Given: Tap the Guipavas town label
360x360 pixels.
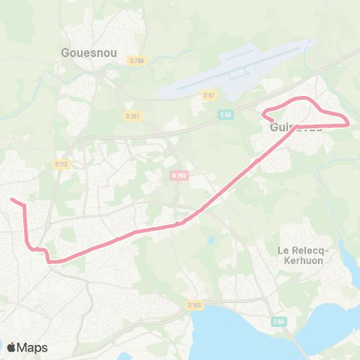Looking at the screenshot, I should (295, 127).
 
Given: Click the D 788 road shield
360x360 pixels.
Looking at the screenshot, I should (135, 61).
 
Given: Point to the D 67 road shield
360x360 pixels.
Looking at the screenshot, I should (208, 94).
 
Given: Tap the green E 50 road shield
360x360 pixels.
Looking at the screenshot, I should (226, 114).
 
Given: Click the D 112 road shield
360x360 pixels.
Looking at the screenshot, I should (62, 163).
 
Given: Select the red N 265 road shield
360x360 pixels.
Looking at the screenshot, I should (178, 174).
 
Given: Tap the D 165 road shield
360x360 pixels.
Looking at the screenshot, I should (195, 304).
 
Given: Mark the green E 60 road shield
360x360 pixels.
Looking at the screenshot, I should (279, 322).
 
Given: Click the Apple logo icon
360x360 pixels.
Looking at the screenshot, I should (11, 347).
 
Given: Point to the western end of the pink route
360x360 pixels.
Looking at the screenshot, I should (10, 199).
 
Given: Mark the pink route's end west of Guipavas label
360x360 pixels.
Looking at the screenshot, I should (263, 113).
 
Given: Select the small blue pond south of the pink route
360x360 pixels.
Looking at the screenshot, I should (212, 240).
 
